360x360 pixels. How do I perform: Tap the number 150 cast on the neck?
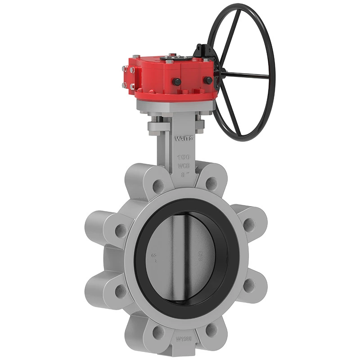click(182, 157)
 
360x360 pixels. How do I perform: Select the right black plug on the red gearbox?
click(208, 80)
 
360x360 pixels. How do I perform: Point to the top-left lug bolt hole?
click(157, 184)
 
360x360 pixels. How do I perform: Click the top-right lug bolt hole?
click(210, 182)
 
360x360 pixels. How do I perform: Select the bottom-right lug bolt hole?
click(211, 331)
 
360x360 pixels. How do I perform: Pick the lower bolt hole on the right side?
click(247, 284)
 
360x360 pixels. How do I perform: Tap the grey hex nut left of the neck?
click(153, 126)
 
